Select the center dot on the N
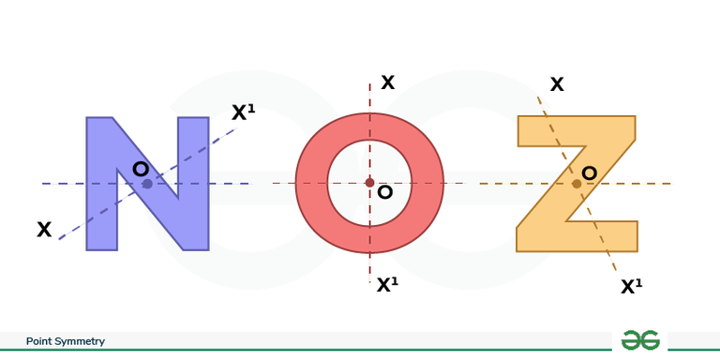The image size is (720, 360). pos(147,184)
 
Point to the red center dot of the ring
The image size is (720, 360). pos(369,182)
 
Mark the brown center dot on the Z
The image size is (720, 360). pos(577,184)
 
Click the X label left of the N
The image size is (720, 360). pos(44,230)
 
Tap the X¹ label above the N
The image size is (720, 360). pos(243,112)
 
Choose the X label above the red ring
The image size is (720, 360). pos(387,82)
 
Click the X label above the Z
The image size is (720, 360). pos(557,84)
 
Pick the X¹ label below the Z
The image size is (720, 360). pos(632,287)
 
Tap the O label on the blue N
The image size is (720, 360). pos(141,169)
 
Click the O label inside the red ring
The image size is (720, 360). pos(384,193)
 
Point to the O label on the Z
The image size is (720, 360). pos(590,172)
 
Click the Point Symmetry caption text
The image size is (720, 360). pos(66,342)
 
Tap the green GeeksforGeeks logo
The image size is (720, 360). pos(640,341)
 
